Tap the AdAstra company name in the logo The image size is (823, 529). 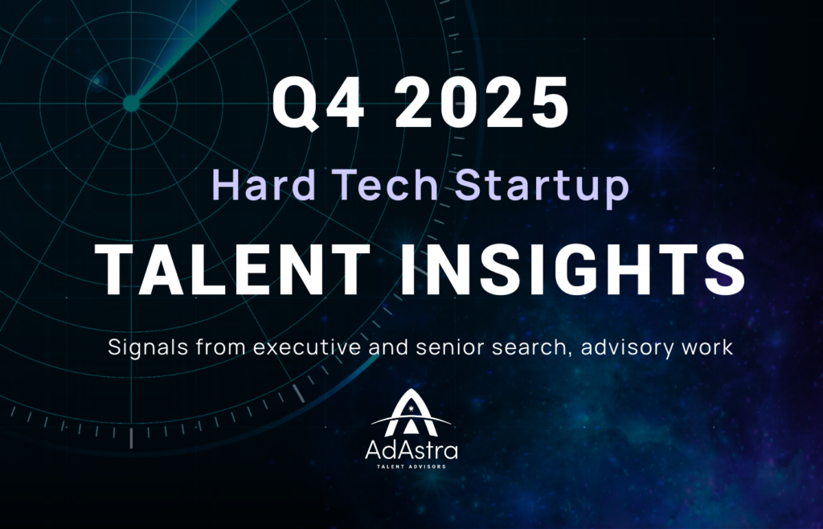411,450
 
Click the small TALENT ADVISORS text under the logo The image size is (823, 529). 411,466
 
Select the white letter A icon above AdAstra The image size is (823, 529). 411,413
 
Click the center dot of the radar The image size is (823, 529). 131,103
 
